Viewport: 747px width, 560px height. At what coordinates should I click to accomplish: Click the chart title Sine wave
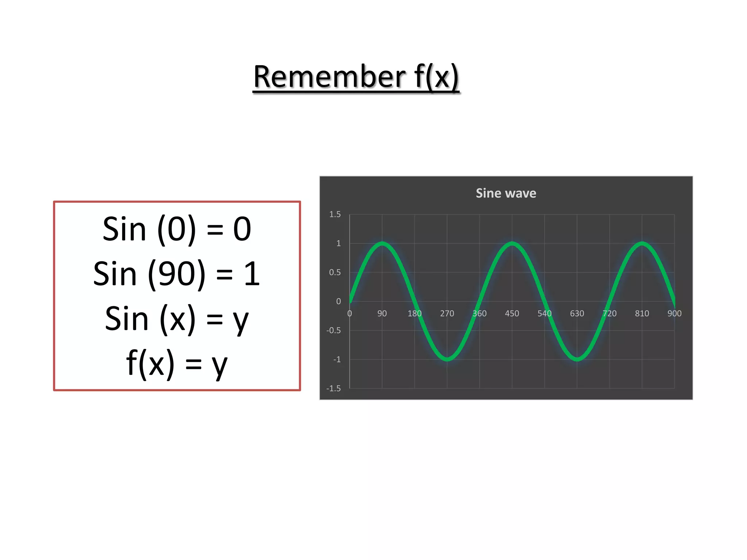506,193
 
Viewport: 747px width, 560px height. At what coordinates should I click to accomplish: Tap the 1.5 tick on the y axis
335,214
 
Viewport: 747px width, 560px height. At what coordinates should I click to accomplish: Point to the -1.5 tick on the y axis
333,389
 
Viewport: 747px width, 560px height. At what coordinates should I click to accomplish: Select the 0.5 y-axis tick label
335,272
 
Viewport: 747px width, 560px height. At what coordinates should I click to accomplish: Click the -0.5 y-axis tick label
333,330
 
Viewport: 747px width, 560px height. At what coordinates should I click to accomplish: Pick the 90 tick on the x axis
382,314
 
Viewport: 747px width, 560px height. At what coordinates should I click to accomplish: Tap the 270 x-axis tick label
447,314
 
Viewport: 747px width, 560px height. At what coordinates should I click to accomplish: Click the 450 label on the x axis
512,314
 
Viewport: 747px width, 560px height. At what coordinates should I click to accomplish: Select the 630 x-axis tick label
577,314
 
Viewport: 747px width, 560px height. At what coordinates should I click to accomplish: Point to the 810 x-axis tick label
642,314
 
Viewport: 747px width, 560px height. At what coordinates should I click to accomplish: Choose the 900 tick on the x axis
674,314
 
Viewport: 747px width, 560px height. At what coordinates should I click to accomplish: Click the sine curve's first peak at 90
382,244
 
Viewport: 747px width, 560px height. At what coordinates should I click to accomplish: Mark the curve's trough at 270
447,359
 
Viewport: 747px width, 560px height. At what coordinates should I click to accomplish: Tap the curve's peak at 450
512,244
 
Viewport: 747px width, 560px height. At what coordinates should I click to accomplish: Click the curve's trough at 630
577,359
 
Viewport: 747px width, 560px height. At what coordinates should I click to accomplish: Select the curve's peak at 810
642,244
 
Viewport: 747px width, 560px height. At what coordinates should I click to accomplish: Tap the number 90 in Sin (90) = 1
177,274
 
